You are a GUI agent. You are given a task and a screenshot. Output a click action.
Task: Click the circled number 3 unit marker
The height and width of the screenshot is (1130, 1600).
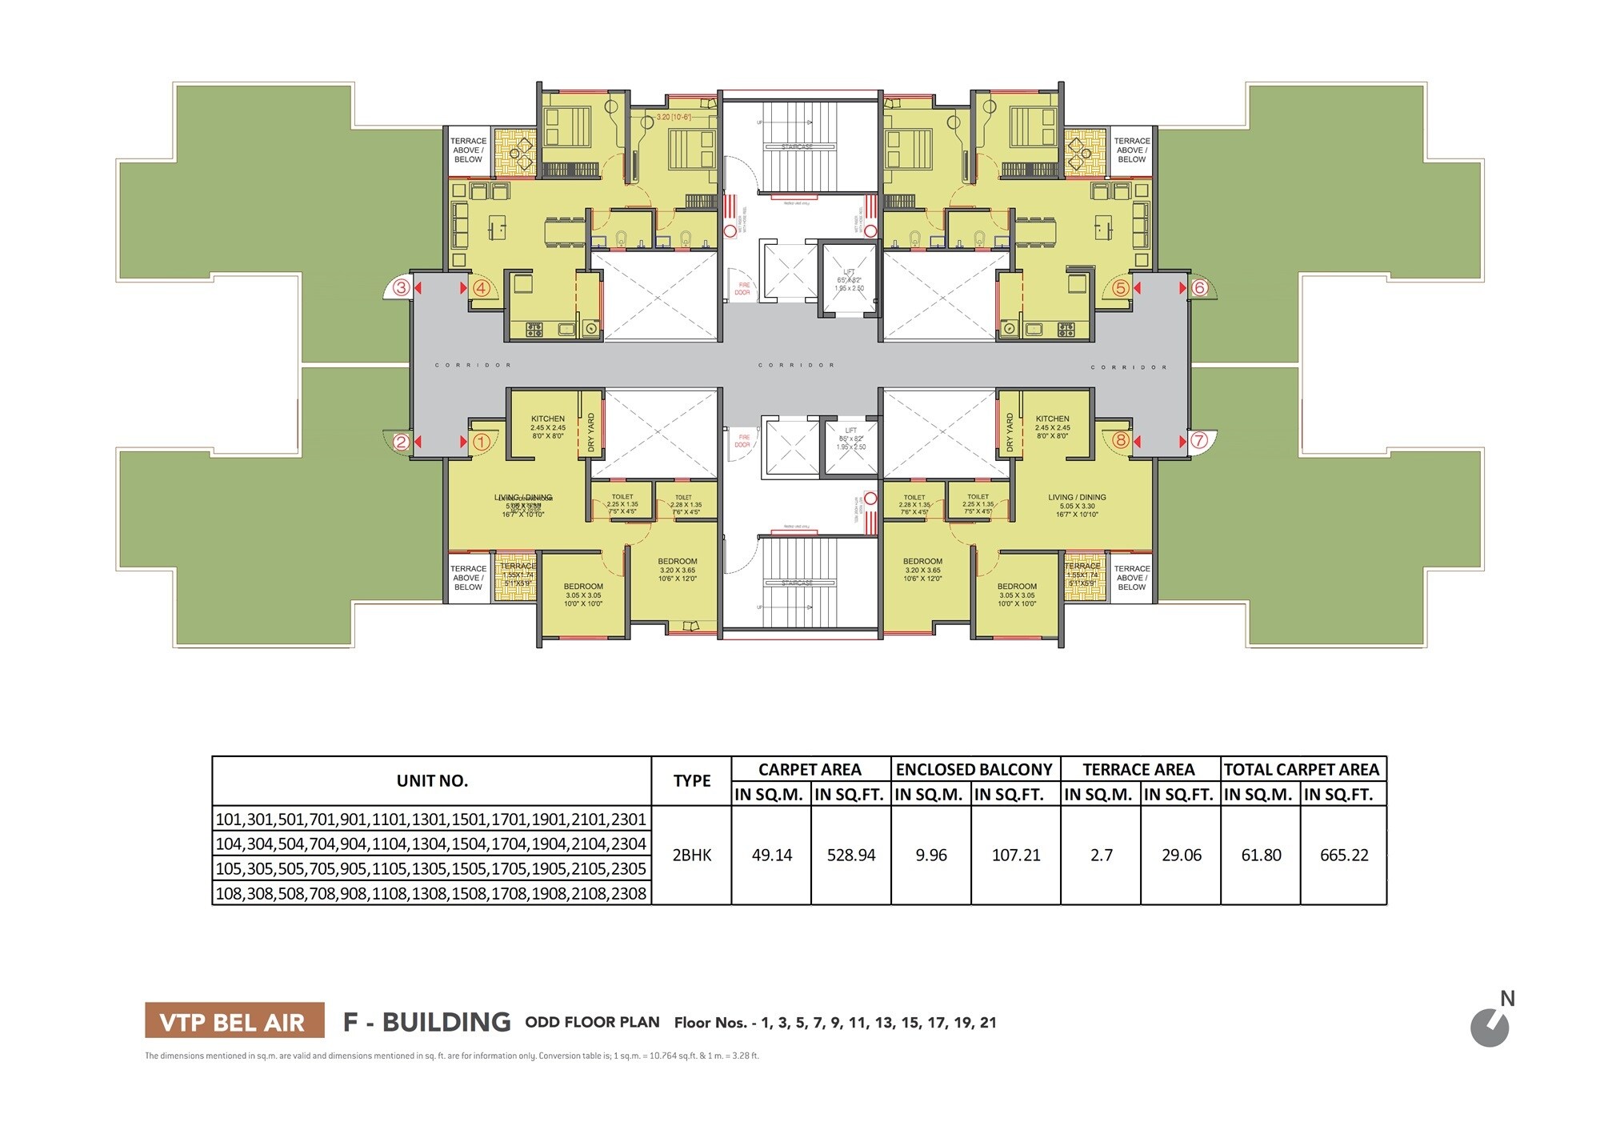[402, 287]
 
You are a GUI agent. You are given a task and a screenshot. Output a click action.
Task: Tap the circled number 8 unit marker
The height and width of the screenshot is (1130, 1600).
[1120, 440]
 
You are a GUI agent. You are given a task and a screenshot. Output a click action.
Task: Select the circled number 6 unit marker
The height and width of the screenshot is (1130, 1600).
[1198, 287]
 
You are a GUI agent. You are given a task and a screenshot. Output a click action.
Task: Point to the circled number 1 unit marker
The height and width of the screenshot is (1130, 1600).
[481, 441]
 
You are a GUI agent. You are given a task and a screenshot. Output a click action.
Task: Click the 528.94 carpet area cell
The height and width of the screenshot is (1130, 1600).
[850, 855]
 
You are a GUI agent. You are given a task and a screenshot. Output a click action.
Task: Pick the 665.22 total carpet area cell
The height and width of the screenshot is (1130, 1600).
[1344, 855]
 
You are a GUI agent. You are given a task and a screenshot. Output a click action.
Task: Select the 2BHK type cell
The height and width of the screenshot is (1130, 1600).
[691, 855]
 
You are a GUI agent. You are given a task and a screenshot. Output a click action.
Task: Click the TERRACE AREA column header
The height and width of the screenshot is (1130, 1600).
[1138, 769]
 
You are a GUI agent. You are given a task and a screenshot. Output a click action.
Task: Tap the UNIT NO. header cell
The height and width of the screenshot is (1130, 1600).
[432, 780]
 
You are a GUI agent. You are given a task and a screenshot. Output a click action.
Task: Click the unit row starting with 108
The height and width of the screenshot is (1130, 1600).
[431, 893]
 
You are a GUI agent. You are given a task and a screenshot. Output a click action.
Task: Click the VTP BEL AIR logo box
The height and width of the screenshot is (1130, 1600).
[234, 1021]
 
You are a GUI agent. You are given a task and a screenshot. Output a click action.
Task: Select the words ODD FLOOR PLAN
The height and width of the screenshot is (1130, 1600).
[592, 1022]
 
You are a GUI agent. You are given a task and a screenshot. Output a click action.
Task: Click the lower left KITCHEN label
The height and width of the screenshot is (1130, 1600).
[548, 419]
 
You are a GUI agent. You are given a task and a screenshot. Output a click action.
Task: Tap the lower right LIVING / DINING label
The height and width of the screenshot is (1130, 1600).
[1077, 497]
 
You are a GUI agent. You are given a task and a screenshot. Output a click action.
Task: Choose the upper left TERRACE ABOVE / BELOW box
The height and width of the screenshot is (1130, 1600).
[468, 150]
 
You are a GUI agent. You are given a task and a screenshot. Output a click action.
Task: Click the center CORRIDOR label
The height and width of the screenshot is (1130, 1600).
[797, 365]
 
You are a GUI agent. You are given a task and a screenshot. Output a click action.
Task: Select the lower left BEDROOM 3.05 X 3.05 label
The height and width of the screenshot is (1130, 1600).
[583, 595]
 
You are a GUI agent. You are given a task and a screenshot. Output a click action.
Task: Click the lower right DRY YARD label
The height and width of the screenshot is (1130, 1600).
[1010, 433]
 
